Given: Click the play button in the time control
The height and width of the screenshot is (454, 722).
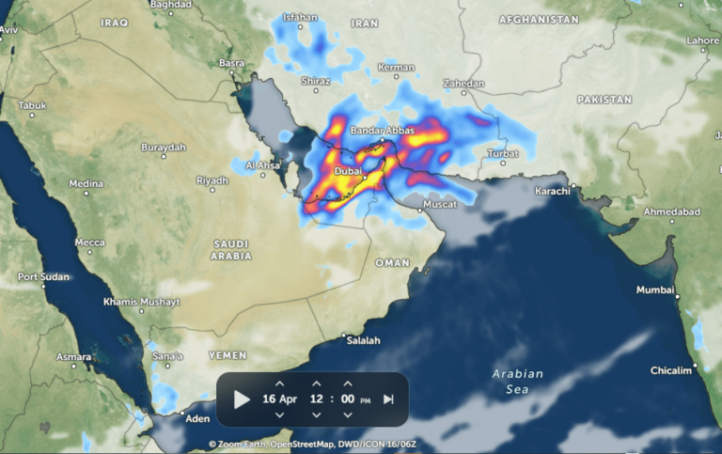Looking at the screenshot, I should pos(242,399).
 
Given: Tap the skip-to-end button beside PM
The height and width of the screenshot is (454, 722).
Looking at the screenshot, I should pos(388,399).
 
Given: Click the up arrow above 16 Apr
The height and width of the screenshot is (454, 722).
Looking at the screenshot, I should pos(279,384).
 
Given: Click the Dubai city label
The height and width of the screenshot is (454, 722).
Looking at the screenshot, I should pos(351,172).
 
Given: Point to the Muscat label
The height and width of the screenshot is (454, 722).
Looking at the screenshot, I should pos(438,204).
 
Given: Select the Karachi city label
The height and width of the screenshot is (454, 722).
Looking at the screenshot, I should pos(553,191).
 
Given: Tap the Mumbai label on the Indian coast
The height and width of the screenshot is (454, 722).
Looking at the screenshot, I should pos(655,290).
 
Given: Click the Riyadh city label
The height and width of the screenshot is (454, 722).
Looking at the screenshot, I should pos(212,180).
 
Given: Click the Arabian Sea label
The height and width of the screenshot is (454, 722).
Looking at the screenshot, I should pos(517,381).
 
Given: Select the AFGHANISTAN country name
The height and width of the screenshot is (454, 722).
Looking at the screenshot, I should pos(538,20).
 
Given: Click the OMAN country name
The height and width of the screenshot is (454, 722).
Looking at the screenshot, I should pos(392,263).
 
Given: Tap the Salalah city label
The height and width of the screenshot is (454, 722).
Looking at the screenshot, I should pos(363,340).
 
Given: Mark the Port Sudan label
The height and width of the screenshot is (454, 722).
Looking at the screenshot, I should pos(43,277).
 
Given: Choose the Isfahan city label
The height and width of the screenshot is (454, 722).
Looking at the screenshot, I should pos(300,17).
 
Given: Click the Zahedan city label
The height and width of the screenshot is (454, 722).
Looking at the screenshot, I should pos(464,84).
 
